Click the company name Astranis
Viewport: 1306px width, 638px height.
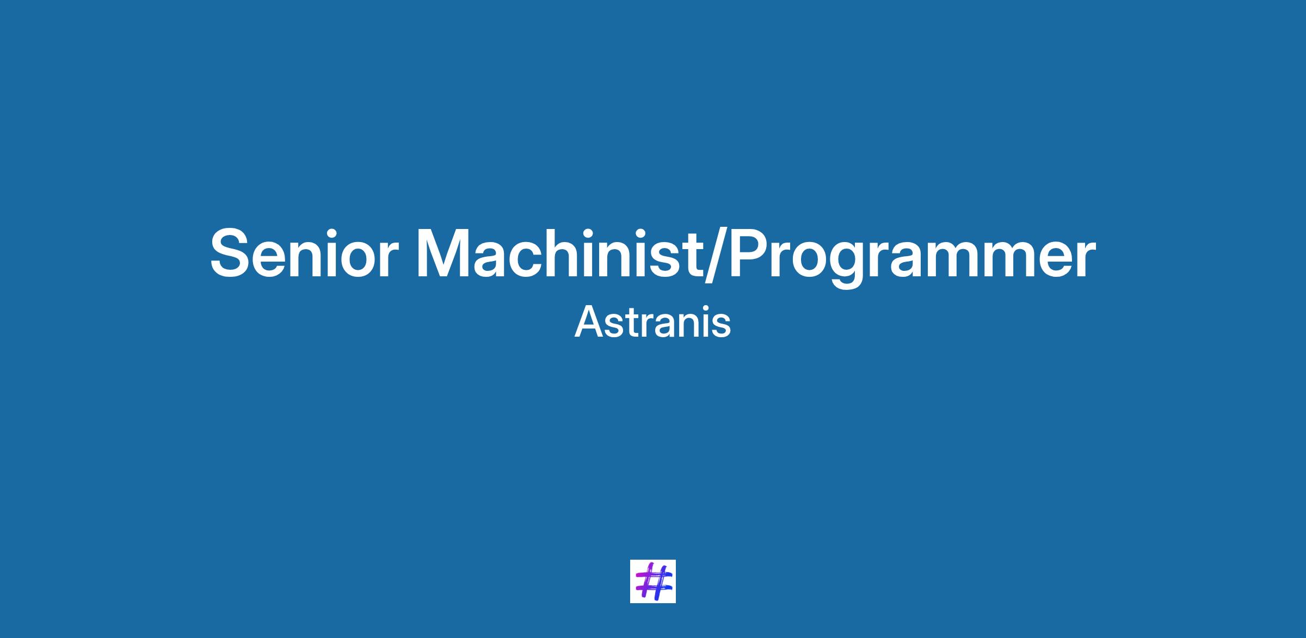[652, 322]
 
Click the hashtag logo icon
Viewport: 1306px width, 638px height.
[653, 581]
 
